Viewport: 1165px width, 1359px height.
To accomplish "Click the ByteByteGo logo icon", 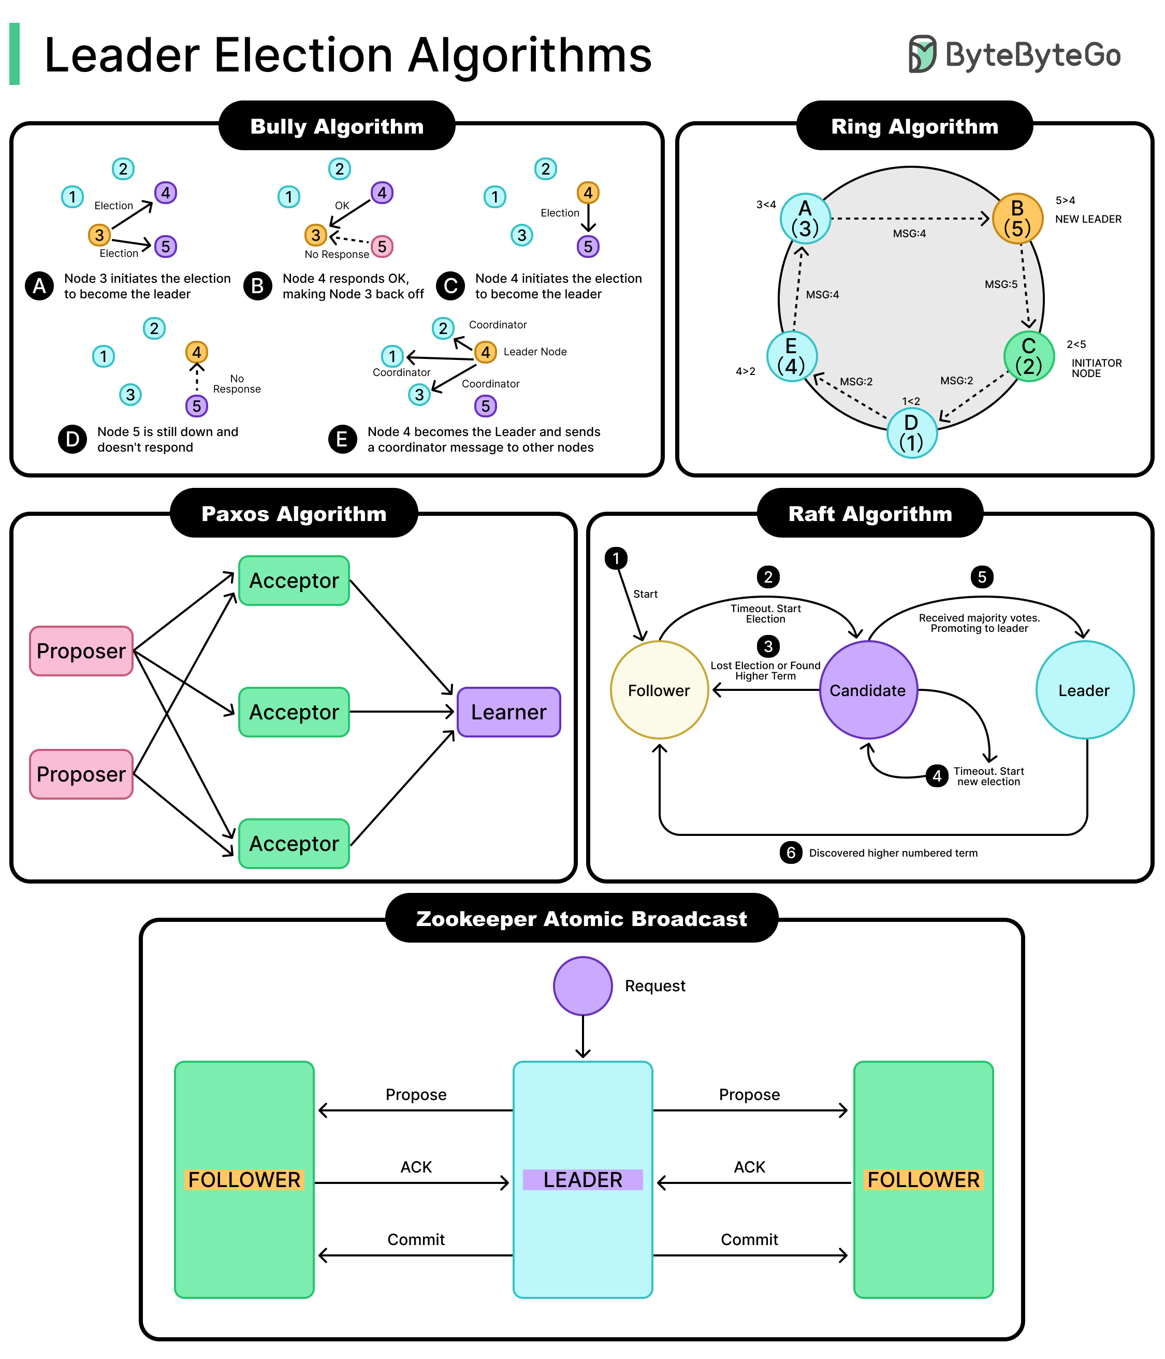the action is (x=923, y=54).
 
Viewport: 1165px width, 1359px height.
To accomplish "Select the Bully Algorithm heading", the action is (x=337, y=126).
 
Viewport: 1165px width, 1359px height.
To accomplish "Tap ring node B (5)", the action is (x=1017, y=219).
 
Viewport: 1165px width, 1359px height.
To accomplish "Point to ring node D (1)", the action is (x=911, y=433).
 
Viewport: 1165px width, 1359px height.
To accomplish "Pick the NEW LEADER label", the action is (x=1088, y=219).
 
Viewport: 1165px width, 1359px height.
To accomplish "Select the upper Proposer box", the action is (x=81, y=650).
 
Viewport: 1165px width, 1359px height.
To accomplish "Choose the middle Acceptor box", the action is (x=294, y=712).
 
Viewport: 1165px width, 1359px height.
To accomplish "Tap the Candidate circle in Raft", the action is (x=867, y=690).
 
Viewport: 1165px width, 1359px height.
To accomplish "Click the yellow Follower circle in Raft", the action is (x=659, y=690).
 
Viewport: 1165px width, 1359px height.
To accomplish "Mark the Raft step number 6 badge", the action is (x=791, y=852).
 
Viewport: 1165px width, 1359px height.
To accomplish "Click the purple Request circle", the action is (x=582, y=986).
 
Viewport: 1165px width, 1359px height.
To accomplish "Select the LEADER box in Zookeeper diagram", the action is (x=582, y=1179).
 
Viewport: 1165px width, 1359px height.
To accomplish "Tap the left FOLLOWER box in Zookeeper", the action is (x=244, y=1179).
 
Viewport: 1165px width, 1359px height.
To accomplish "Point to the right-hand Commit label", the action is (x=749, y=1239).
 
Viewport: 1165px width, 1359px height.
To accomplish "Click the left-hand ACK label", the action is (x=416, y=1167).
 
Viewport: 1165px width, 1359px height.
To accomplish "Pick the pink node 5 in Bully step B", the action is (x=382, y=247).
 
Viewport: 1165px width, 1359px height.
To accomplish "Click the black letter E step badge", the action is (x=342, y=439).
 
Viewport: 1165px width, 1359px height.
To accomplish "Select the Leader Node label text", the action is (x=534, y=352).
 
